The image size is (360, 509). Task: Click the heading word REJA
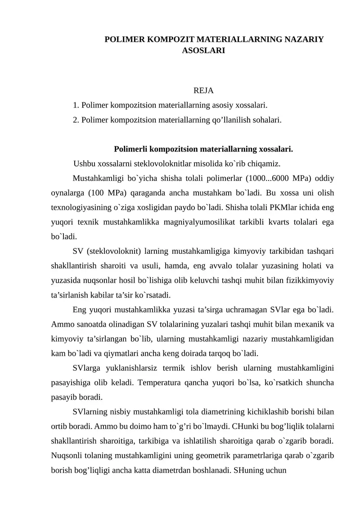[x=203, y=92]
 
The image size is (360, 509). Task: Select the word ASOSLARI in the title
[x=203, y=51]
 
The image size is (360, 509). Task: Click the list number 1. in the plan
[x=76, y=106]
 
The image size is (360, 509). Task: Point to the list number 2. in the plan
[x=76, y=120]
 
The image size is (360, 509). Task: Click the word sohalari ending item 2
[x=265, y=120]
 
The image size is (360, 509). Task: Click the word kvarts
[x=277, y=222]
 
